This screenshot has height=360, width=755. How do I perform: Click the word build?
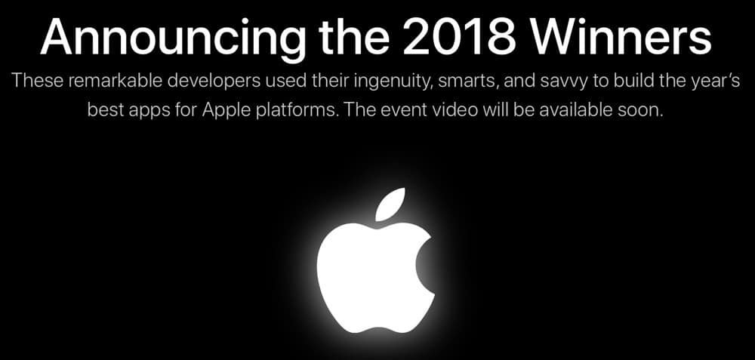pos(621,81)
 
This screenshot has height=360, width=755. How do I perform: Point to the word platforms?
pos(291,110)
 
